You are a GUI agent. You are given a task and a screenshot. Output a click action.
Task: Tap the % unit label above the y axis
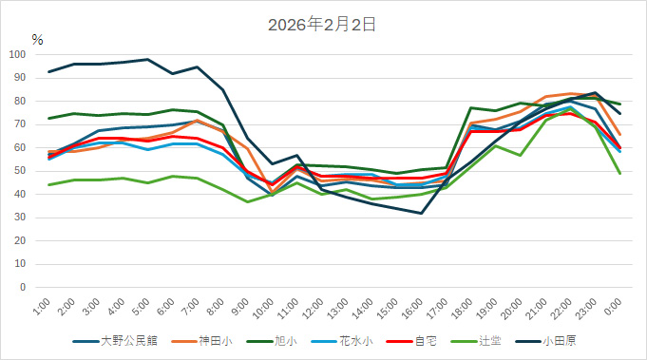37,40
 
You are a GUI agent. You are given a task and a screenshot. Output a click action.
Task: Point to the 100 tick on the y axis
17,54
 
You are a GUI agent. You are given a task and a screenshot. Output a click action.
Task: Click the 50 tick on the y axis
20,171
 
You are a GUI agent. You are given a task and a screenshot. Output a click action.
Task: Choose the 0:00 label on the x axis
615,309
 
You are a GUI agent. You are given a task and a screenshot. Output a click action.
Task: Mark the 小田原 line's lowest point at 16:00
421,213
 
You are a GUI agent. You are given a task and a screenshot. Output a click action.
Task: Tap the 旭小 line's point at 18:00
471,107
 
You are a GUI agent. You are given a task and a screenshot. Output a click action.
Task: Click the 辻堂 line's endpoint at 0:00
619,173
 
